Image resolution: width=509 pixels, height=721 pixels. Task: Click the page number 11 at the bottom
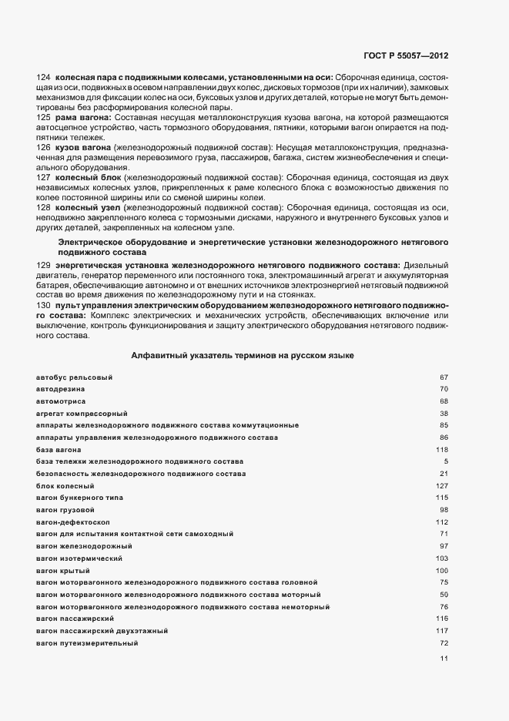coord(443,658)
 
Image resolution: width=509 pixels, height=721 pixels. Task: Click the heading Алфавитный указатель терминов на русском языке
coord(243,355)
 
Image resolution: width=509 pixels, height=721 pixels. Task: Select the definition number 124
coord(43,78)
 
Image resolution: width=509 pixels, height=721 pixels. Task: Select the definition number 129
coord(43,265)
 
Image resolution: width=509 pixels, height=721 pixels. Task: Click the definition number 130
coord(43,305)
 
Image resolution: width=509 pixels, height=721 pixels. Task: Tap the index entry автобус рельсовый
coord(74,377)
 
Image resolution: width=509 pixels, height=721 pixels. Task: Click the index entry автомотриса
coord(61,401)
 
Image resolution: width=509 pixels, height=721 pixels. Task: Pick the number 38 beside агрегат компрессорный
coord(444,414)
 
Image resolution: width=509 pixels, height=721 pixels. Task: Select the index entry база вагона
coord(59,449)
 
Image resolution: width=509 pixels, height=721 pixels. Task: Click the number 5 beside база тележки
coord(446,461)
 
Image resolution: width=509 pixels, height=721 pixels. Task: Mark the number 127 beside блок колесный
coord(442,486)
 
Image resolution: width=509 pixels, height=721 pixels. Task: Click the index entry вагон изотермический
coord(79,558)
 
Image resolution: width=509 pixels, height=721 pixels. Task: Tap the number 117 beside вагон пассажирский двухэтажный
coord(442,631)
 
